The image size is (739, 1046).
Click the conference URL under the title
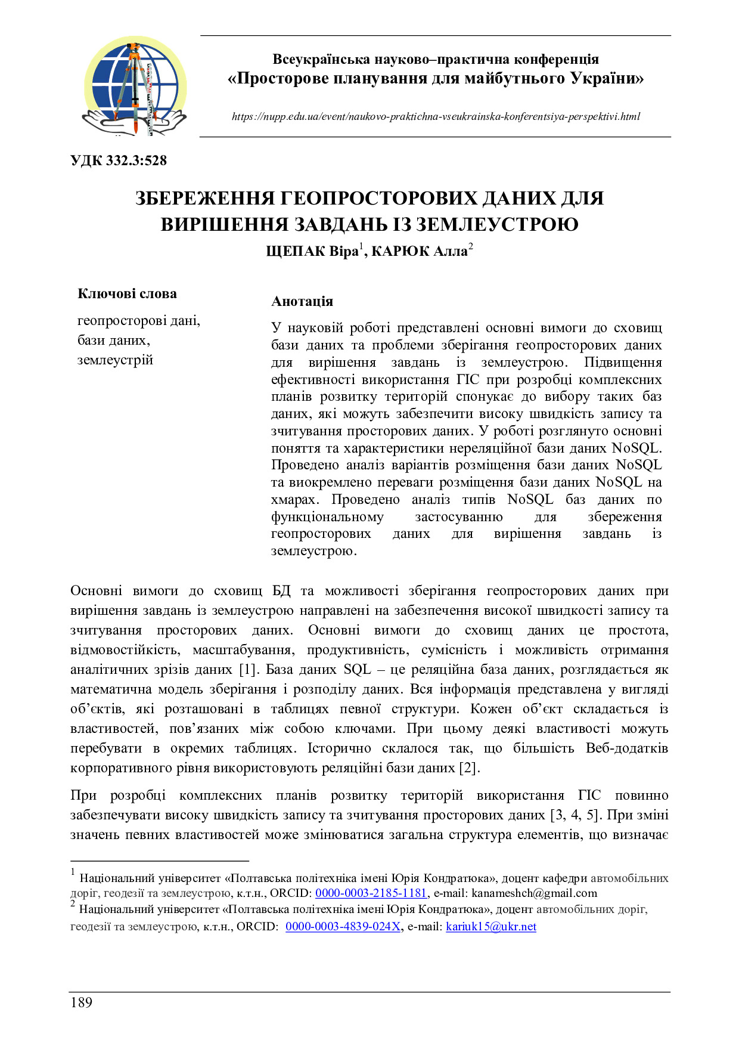(436, 117)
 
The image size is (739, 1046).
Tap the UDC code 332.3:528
(119, 160)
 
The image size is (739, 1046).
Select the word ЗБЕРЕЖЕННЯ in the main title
(204, 199)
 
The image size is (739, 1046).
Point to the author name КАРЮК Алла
(419, 252)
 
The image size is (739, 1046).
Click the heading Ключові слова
(127, 293)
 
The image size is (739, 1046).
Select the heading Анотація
(302, 301)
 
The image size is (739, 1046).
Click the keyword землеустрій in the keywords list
(115, 360)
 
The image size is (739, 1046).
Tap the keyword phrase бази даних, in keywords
(113, 341)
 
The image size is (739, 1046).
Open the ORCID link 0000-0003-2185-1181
(371, 893)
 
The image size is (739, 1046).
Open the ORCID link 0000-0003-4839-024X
(343, 927)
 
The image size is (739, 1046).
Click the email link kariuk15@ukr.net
(491, 927)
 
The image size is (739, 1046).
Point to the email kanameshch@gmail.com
(534, 893)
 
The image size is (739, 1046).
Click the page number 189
(82, 1002)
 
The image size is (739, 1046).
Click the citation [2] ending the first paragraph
(468, 768)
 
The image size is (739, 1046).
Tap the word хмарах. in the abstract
(296, 500)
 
